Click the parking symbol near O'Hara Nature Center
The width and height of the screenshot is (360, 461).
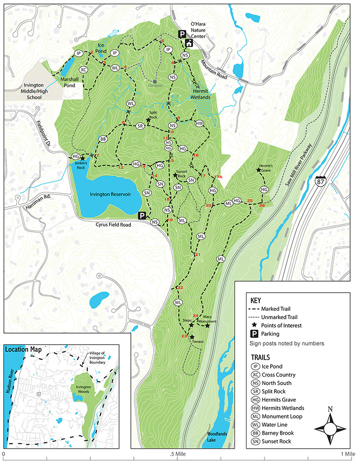(182, 34)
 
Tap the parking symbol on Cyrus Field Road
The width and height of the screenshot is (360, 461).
(142, 215)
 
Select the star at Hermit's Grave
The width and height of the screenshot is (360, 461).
(259, 170)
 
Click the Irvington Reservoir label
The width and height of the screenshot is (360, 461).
(110, 194)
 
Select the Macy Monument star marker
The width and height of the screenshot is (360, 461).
(207, 326)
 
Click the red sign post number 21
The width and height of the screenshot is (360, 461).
(198, 254)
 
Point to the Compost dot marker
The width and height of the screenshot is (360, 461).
(155, 82)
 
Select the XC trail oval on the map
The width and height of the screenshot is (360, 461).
(83, 70)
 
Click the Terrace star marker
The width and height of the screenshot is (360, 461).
(192, 337)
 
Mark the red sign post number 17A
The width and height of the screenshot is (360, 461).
(218, 177)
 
